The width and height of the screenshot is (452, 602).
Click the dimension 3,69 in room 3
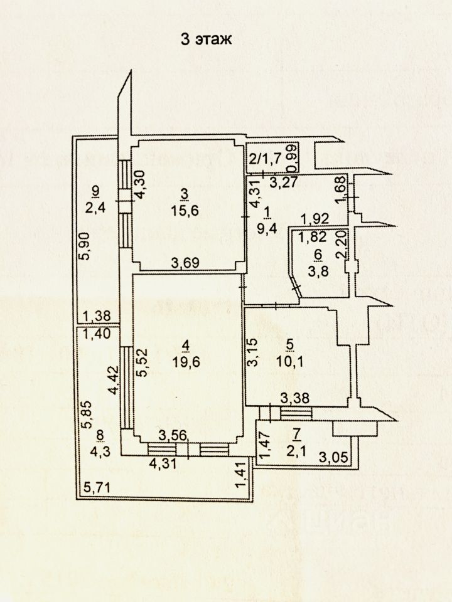186,263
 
